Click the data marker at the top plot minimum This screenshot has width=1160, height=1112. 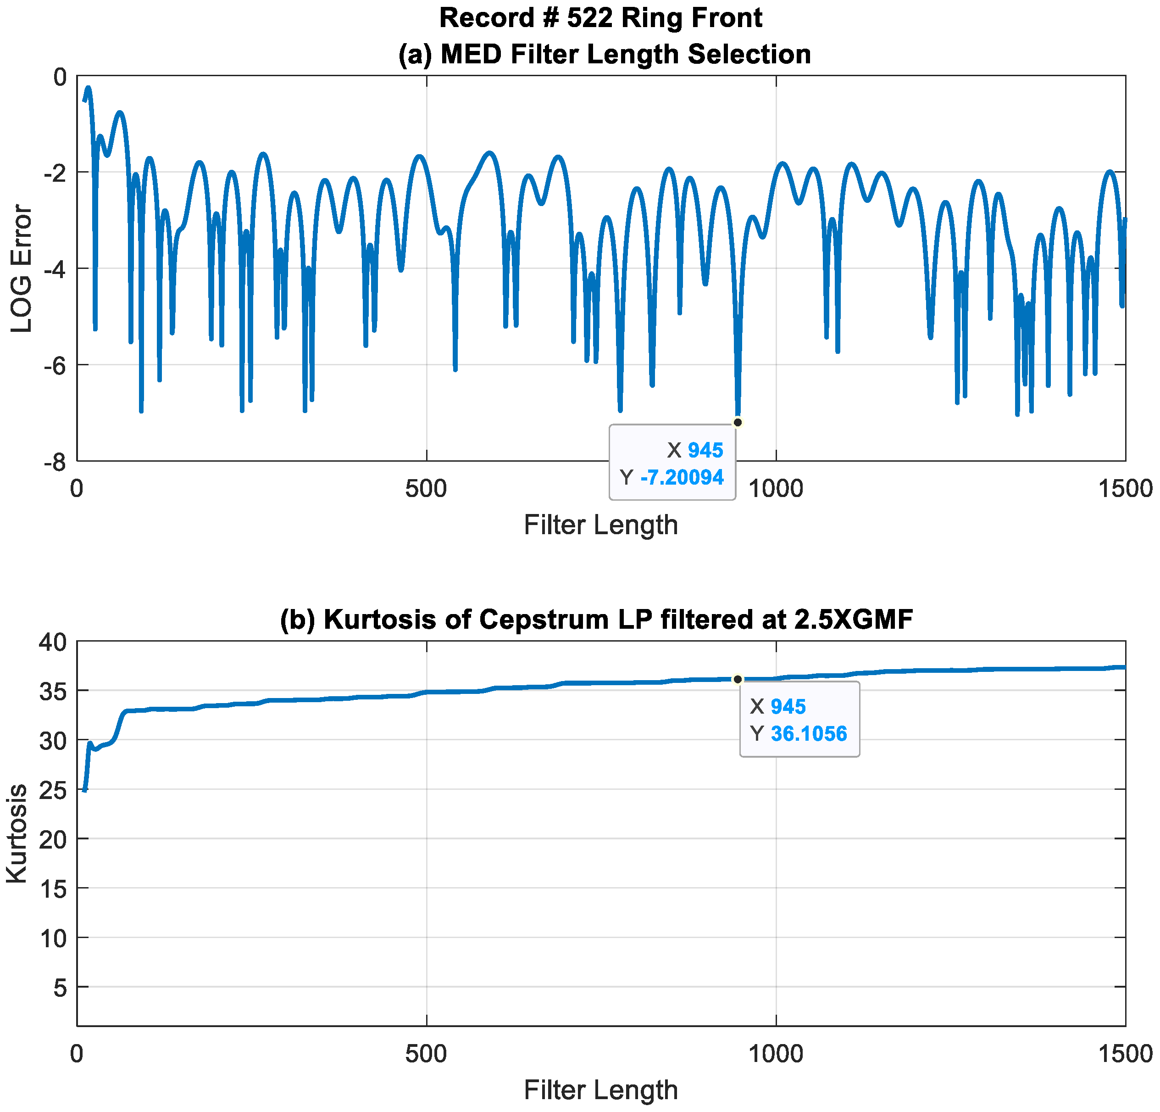[738, 422]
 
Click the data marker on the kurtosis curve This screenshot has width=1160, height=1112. [738, 679]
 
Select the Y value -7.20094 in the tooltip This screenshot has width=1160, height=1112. [682, 477]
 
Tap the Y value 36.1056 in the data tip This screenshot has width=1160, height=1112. [809, 734]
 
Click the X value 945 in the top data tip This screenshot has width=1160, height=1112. [705, 451]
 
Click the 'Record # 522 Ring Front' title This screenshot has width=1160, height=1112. [601, 18]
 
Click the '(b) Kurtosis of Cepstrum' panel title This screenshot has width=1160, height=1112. [597, 620]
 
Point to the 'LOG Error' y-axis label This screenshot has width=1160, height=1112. [22, 268]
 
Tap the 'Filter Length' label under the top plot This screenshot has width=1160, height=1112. [601, 525]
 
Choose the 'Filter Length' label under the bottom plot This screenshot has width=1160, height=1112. [601, 1090]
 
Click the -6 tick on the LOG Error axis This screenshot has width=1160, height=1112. [56, 365]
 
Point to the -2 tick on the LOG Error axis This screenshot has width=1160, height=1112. [56, 172]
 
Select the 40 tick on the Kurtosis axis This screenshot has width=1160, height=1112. [53, 642]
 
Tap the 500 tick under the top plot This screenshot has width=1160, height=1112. [426, 488]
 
